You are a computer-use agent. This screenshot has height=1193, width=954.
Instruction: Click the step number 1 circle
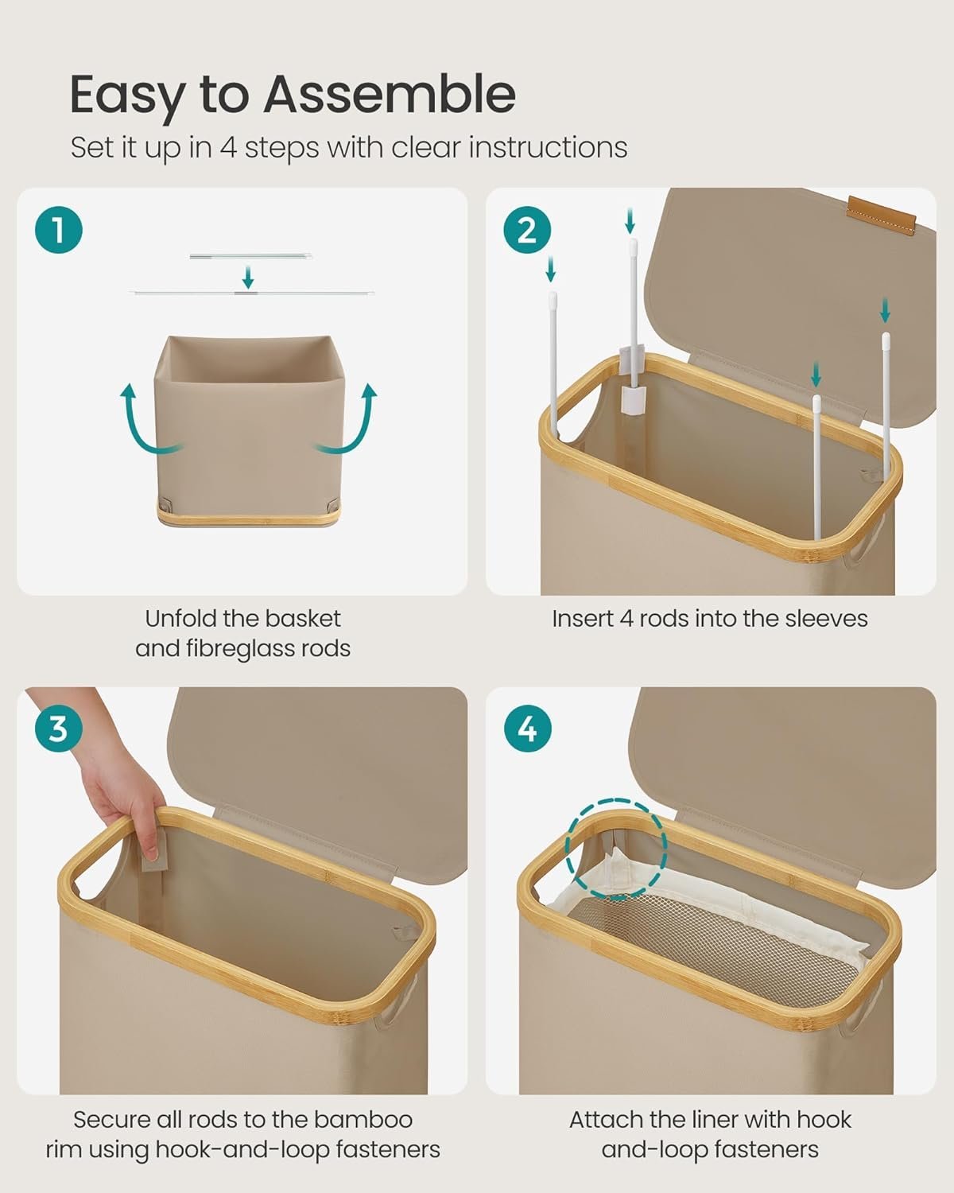pyautogui.click(x=58, y=230)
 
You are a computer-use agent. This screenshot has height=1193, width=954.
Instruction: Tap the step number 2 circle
pyautogui.click(x=527, y=230)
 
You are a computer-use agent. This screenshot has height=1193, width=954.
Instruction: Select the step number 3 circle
pyautogui.click(x=58, y=728)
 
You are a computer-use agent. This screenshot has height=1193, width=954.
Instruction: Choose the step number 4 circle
pyautogui.click(x=527, y=728)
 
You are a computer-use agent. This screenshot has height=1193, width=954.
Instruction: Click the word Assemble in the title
pyautogui.click(x=390, y=95)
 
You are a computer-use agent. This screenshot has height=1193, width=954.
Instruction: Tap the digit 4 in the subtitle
pyautogui.click(x=228, y=148)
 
